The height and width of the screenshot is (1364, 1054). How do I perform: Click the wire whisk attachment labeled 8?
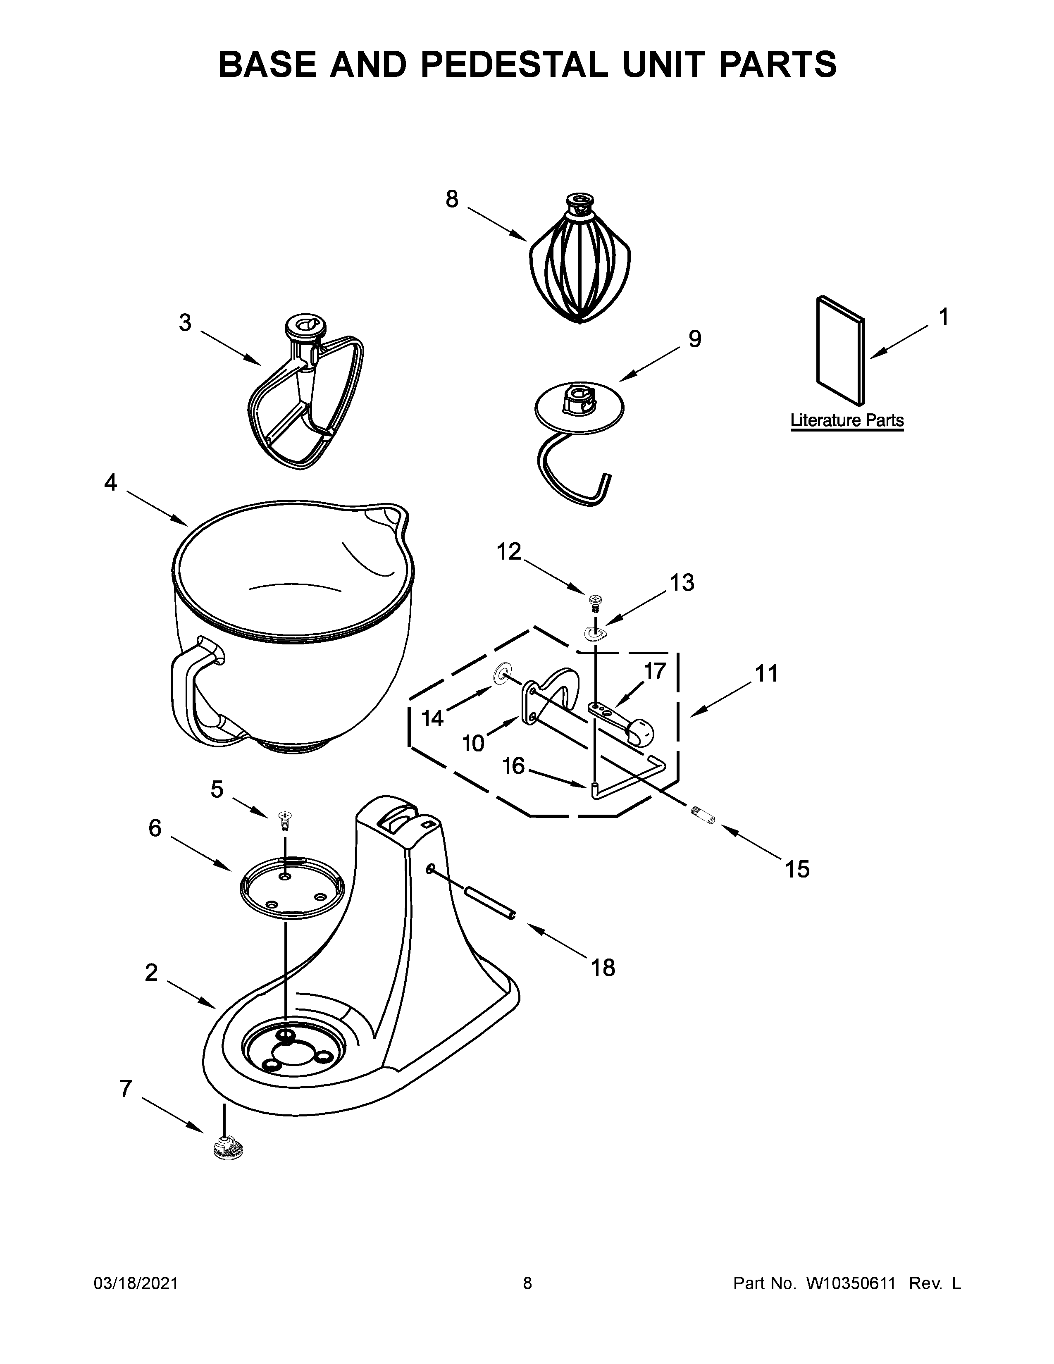click(579, 269)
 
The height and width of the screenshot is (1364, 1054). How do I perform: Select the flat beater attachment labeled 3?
click(304, 400)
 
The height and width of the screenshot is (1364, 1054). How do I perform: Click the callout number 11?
click(766, 674)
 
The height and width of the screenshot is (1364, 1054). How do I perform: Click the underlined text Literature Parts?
click(847, 420)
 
